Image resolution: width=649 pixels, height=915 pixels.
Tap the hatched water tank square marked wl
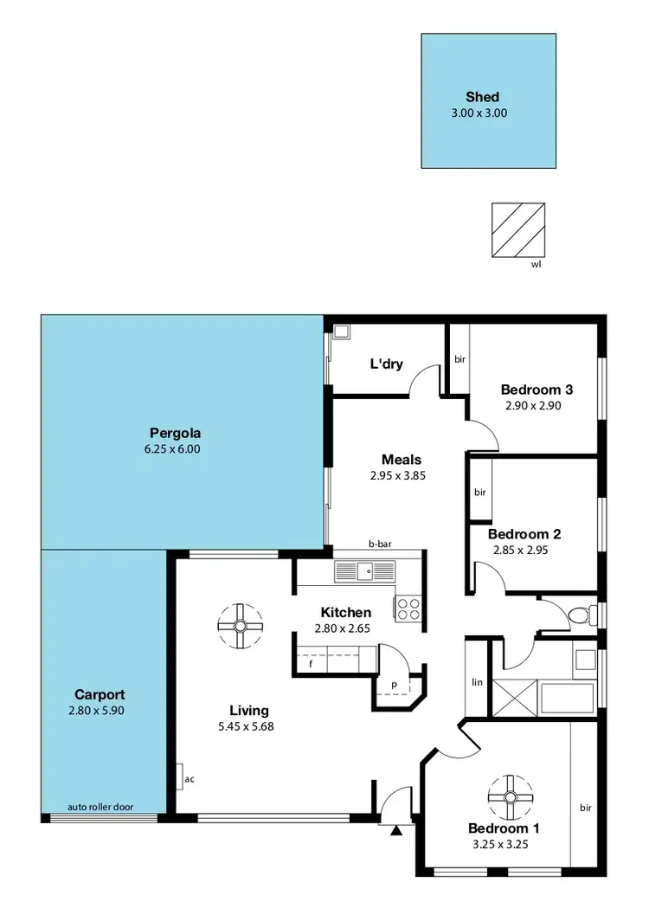point(517,230)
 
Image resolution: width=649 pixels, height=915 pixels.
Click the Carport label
point(100,694)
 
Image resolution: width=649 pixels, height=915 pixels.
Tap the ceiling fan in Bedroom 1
point(509,796)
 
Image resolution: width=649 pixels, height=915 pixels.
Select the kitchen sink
point(363,570)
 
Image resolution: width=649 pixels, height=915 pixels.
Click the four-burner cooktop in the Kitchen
point(408,609)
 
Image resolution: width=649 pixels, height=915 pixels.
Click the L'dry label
point(387,364)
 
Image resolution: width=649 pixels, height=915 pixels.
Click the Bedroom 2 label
point(518,534)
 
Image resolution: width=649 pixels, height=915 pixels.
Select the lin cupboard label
point(476,682)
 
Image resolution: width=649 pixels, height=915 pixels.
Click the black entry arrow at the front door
point(396,831)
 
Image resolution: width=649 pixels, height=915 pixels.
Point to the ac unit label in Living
point(189,778)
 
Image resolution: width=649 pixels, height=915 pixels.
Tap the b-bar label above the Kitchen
point(380,544)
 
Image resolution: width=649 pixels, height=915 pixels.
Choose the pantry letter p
point(394,684)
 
